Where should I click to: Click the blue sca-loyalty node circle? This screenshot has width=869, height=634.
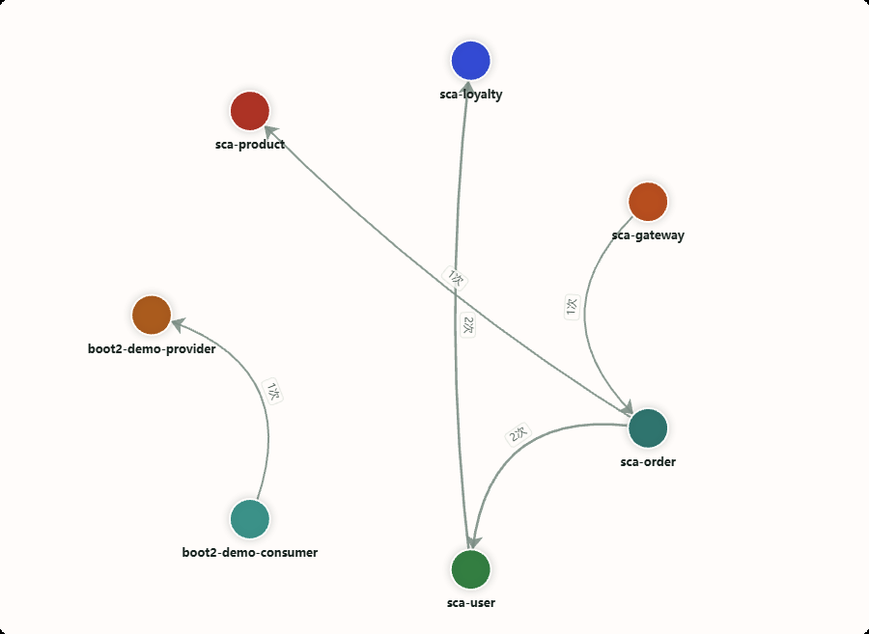click(x=471, y=61)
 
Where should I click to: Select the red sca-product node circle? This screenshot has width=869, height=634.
click(x=250, y=111)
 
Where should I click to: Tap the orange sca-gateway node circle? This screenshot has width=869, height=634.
click(x=648, y=202)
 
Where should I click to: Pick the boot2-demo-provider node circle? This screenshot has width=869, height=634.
click(x=152, y=315)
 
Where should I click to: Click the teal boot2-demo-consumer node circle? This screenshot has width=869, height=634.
click(x=250, y=519)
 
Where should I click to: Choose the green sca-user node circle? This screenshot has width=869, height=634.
click(x=471, y=569)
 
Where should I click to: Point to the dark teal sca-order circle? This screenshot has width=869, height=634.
click(x=648, y=428)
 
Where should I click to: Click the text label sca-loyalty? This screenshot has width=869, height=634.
click(x=471, y=95)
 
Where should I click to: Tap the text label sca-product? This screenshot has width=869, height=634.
click(x=250, y=145)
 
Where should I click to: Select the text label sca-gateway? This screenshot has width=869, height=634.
click(x=648, y=235)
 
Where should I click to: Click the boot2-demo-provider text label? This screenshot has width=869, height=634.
click(x=152, y=348)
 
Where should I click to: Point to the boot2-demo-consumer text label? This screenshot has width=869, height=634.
click(x=250, y=553)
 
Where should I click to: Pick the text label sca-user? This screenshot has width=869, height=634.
click(x=471, y=603)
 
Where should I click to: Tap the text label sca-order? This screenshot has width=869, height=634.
click(x=648, y=462)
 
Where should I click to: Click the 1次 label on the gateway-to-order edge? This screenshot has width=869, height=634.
click(x=572, y=307)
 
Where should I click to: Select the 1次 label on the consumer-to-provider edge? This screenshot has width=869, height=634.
click(x=272, y=392)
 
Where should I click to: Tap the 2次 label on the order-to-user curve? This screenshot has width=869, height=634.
click(x=519, y=434)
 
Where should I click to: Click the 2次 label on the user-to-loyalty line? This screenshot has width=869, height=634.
click(x=467, y=325)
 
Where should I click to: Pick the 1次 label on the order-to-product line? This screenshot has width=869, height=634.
click(x=455, y=278)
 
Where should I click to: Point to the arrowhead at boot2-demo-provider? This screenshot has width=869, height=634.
click(x=179, y=324)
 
